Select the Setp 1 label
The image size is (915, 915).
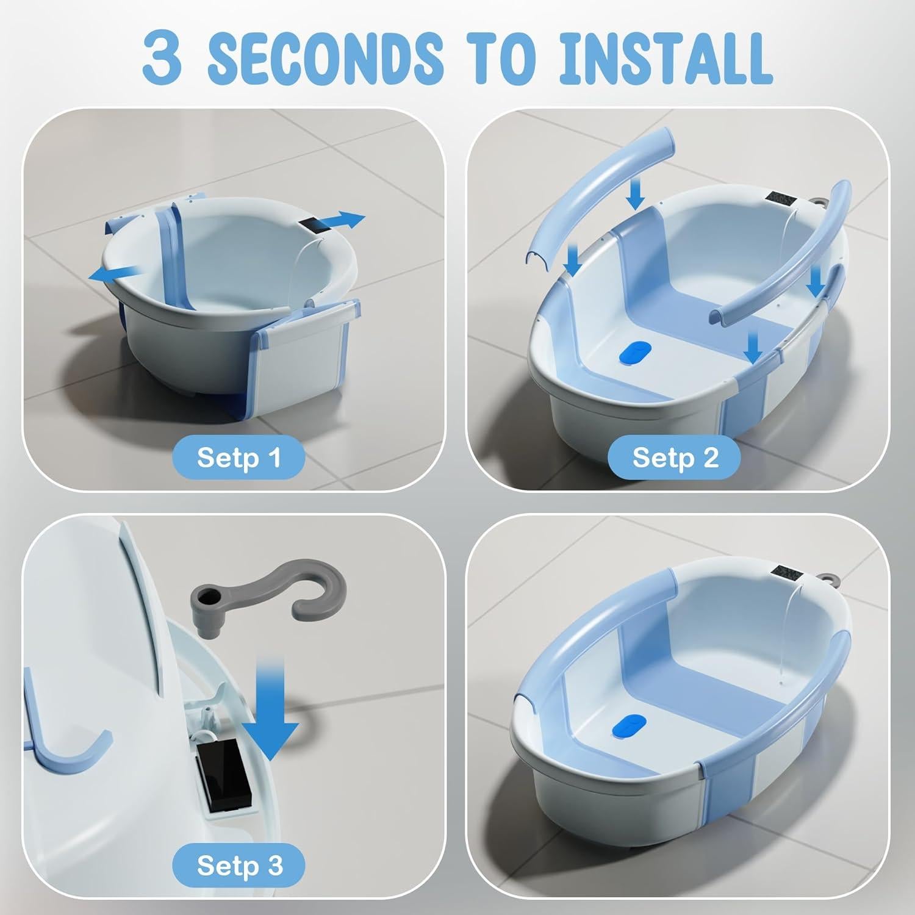[239, 457]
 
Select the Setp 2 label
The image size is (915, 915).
[675, 457]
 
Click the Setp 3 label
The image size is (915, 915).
[239, 865]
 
